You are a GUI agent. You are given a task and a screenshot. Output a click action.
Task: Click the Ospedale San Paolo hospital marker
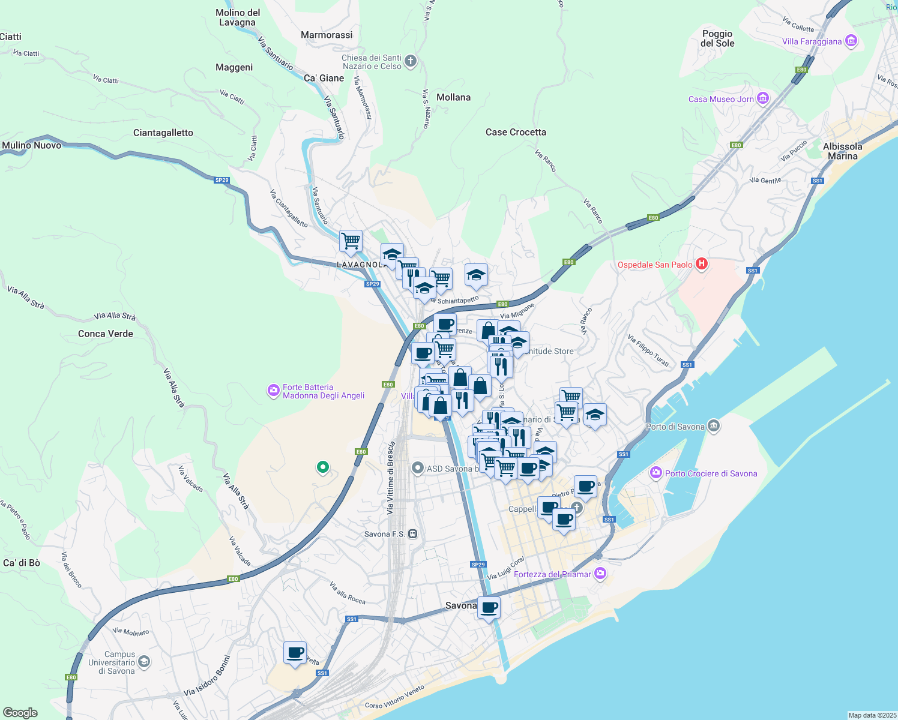pos(701,264)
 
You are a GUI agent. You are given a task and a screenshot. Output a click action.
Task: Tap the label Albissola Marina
pos(842,151)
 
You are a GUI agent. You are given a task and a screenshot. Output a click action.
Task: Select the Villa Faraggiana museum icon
pos(851,41)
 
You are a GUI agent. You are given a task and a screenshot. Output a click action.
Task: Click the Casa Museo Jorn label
pos(720,99)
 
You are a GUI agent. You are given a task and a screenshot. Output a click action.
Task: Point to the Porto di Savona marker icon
pos(713,427)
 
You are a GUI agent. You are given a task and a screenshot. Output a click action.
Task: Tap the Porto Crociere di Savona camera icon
pos(656,473)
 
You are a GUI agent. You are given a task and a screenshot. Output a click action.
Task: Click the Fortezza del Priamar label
pos(552,574)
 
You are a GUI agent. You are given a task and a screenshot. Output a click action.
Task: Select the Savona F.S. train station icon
pos(412,534)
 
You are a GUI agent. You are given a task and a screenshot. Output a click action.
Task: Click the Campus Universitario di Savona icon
pos(143,662)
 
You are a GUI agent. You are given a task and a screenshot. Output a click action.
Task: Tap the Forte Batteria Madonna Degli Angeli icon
pos(274,391)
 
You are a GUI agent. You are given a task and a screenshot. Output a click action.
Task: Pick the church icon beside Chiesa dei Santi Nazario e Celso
pos(411,61)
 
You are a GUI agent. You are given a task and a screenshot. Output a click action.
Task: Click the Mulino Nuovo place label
pos(32,145)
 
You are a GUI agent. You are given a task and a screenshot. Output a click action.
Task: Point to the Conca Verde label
pos(106,334)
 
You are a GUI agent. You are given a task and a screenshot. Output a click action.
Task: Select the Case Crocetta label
pos(516,132)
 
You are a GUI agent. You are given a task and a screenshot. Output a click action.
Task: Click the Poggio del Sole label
pos(717,38)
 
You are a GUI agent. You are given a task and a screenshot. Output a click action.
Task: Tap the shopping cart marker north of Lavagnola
pos(351,241)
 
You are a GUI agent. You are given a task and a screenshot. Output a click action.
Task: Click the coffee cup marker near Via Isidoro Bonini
pos(295,652)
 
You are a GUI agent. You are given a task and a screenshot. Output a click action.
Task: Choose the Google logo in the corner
pos(20,713)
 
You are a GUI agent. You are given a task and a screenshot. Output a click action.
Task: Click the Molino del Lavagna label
pos(238,17)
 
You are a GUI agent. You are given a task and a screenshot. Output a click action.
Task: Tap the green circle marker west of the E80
pos(323,467)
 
